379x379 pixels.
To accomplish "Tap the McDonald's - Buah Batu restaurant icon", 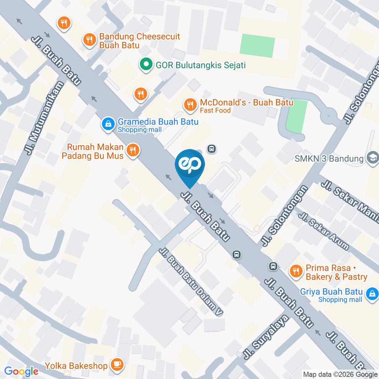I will coord(190,105).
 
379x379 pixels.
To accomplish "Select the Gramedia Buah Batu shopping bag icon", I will coord(107,124).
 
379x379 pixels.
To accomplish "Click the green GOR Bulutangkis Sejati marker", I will coord(146,64).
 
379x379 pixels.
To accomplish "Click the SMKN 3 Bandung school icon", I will coord(371,158).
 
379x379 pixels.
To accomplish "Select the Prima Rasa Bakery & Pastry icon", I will coord(295,271).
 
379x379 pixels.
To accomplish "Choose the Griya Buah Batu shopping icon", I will coord(371,294).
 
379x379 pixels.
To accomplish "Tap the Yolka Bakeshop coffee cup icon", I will coord(116,365).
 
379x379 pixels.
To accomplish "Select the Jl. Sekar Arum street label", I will coord(324,231).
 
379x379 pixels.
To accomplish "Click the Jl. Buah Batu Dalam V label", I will coord(191,282).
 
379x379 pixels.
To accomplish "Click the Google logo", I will coord(21,371).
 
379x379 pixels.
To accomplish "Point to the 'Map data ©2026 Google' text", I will coord(340,374).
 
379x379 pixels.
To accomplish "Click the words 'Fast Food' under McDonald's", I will coord(215,111).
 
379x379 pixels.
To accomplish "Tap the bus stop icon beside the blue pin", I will coord(212,149).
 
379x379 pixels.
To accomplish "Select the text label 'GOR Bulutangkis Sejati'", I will coord(201,65).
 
